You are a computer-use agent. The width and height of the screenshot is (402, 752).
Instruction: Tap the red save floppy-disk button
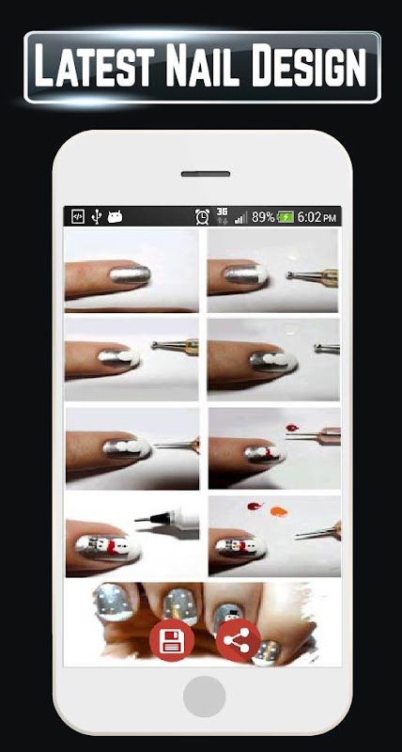(172, 641)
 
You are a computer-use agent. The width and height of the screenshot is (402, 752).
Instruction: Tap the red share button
(239, 641)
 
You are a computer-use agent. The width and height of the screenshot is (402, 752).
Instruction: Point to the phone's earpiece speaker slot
(206, 174)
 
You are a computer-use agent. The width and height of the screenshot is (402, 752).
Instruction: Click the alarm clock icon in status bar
(202, 217)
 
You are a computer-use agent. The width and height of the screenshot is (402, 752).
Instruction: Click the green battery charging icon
(286, 217)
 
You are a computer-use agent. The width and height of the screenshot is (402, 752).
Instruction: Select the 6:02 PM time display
(317, 217)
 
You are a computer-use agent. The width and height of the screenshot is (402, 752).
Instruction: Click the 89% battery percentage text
(263, 217)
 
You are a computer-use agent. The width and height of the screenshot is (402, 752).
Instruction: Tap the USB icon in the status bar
(97, 217)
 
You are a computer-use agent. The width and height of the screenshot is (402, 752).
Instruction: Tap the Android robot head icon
(115, 217)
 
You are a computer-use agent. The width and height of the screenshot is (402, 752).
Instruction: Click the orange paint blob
(279, 512)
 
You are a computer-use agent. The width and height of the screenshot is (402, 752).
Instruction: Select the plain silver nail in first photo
(130, 275)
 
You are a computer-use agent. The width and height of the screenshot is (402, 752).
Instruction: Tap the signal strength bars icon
(241, 218)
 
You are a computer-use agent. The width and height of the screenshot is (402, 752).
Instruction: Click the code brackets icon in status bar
(78, 217)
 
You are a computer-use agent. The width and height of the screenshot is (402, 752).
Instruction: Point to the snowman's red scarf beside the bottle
(114, 546)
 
